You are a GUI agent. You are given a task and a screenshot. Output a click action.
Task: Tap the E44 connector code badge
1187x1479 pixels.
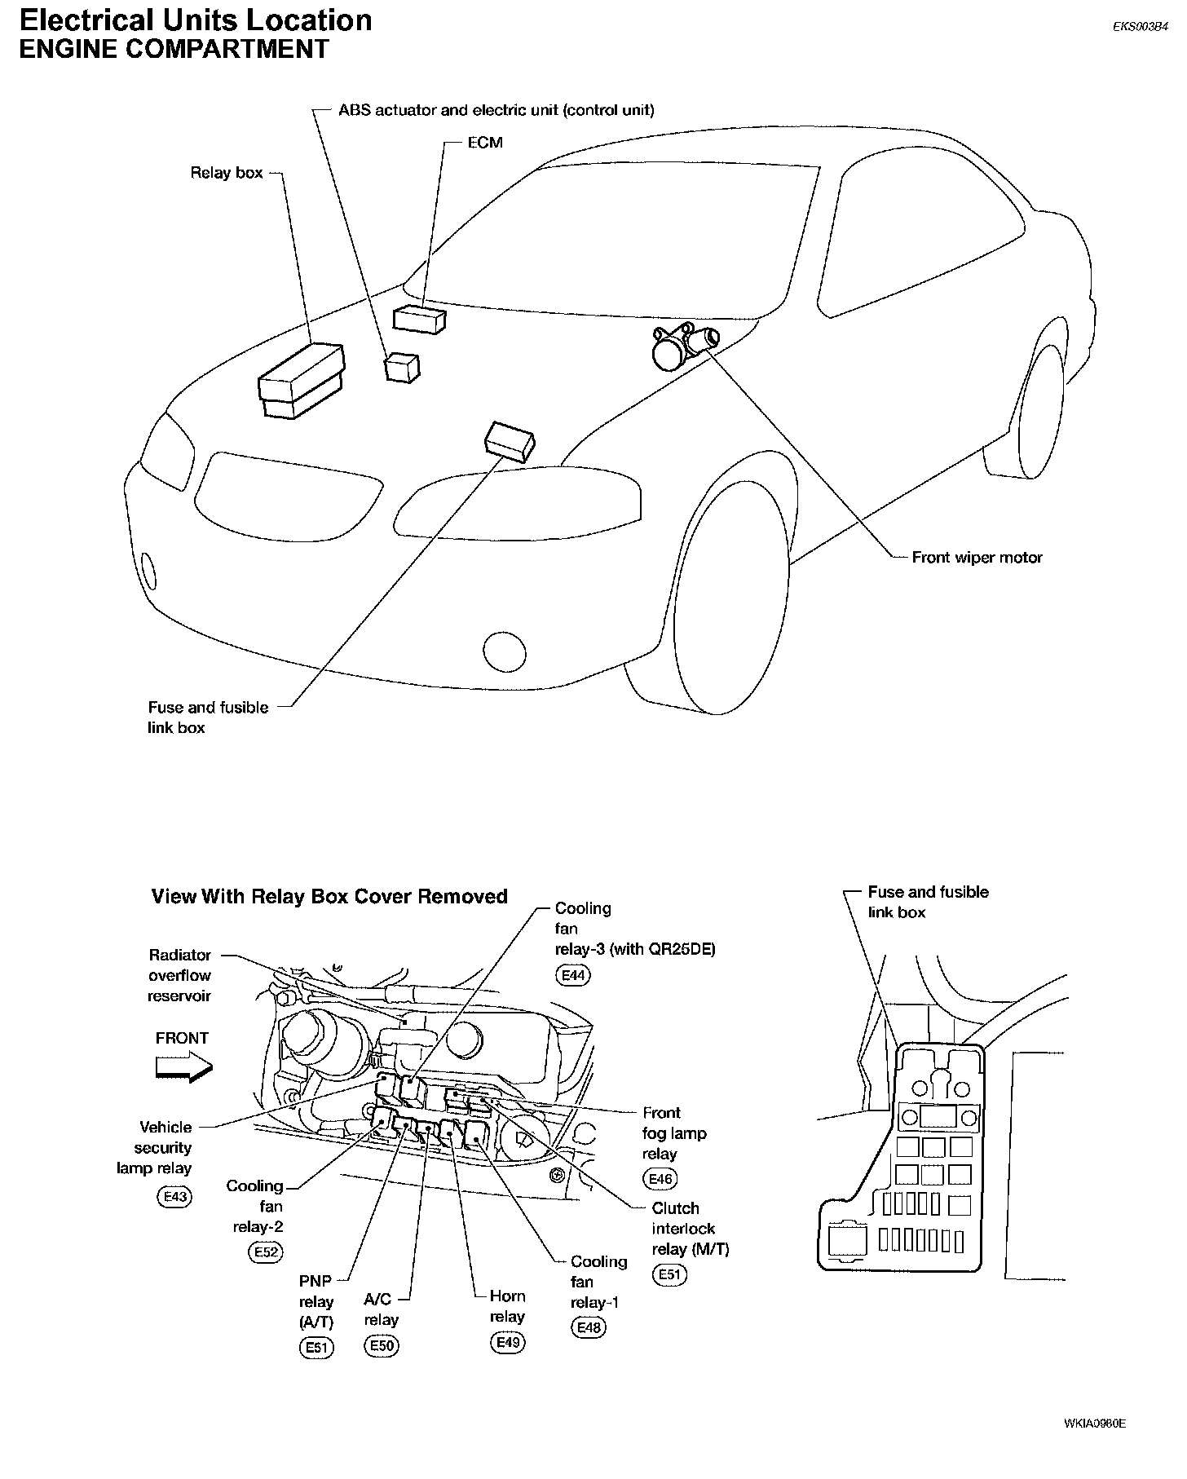coord(573,975)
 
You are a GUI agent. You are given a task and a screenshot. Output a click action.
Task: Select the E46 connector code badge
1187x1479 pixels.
coord(660,1178)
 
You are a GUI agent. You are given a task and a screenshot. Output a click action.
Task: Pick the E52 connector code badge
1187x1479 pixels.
coord(267,1252)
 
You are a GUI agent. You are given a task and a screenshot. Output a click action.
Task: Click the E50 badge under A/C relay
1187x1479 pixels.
coord(382,1345)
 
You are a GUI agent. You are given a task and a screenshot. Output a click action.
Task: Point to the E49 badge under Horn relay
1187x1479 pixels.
coord(507,1342)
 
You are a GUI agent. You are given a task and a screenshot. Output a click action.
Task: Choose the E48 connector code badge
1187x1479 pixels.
coord(589,1327)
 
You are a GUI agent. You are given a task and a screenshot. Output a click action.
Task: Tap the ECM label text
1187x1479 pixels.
coord(485,143)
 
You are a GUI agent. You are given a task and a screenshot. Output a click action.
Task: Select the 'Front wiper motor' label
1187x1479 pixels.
coord(977,558)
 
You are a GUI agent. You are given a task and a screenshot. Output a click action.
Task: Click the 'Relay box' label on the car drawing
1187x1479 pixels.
coord(227,173)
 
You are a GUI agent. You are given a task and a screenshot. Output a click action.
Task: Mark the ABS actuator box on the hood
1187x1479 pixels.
coord(402,367)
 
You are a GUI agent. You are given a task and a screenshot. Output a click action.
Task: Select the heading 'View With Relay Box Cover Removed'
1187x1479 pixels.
coord(329,896)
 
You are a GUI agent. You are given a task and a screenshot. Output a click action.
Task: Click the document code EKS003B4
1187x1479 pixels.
coord(1141,26)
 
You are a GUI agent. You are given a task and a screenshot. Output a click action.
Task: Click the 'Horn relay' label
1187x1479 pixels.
coord(507,1306)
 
